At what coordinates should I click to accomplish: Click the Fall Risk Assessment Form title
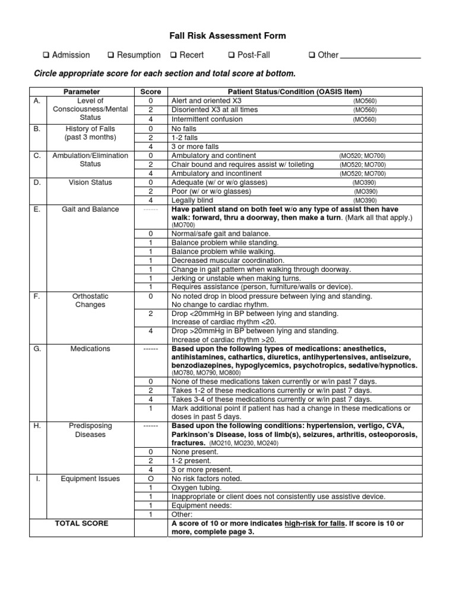[x=228, y=36]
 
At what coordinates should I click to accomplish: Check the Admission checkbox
[x=45, y=55]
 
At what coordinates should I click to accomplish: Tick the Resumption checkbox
[x=110, y=55]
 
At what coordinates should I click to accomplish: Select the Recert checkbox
[x=173, y=55]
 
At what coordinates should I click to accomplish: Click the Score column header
[x=150, y=92]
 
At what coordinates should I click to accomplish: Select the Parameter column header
[x=82, y=92]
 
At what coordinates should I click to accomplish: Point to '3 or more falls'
[x=195, y=147]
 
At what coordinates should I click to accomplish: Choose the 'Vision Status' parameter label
[x=90, y=182]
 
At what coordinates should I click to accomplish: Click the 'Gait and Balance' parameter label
[x=90, y=209]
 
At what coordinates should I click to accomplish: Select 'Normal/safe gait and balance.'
[x=221, y=234]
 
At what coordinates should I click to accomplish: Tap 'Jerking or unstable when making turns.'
[x=236, y=278]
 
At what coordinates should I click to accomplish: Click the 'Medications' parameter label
[x=90, y=349]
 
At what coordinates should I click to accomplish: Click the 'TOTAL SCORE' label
[x=82, y=523]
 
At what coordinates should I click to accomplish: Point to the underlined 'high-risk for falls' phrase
[x=313, y=523]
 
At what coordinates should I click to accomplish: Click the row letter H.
[x=37, y=426]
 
